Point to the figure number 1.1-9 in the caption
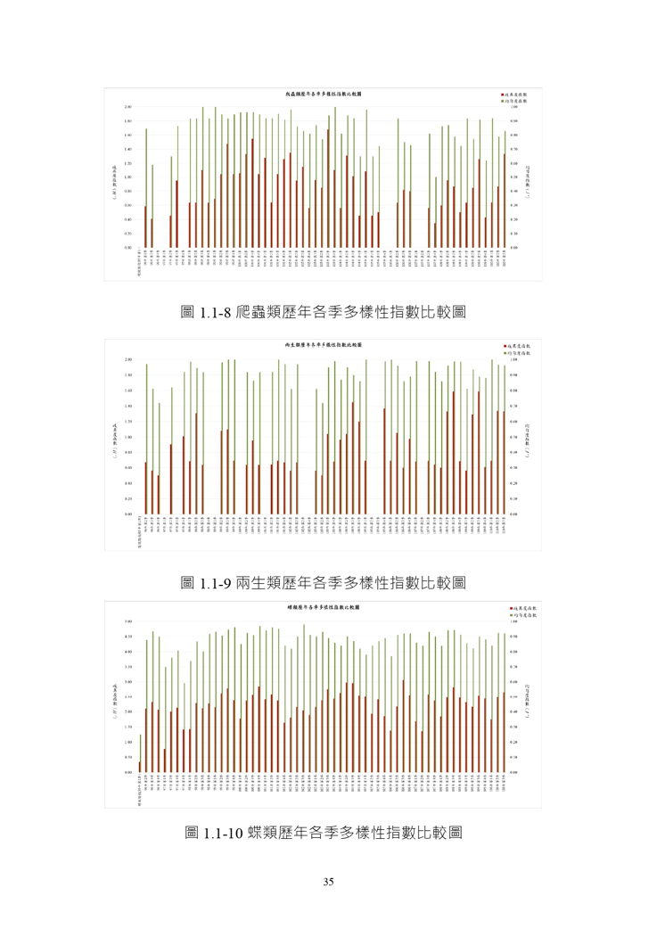[x=214, y=583]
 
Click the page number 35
[x=328, y=883]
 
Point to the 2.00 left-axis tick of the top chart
[x=128, y=107]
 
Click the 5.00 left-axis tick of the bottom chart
[x=128, y=621]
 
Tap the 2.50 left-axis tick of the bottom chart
[x=128, y=696]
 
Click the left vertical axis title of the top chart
[x=115, y=177]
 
